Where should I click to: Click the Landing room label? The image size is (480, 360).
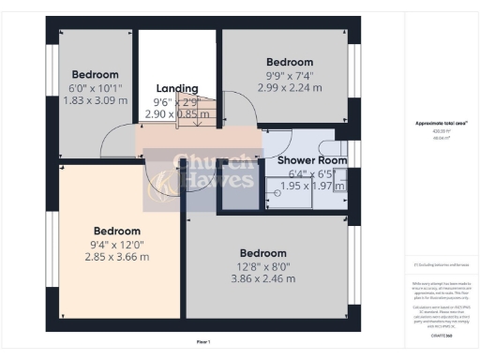(176, 88)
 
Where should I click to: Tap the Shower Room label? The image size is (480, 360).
(312, 160)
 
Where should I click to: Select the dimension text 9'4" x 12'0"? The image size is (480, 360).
(116, 244)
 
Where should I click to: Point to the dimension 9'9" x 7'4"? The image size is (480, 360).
(288, 74)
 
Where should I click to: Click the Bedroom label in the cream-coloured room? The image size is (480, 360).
(116, 231)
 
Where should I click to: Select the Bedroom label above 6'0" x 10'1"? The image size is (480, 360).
(96, 74)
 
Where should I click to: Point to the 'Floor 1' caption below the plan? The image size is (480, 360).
(203, 341)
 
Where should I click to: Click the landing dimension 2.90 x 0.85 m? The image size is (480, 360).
(176, 113)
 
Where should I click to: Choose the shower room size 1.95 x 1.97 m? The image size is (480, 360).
(312, 186)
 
